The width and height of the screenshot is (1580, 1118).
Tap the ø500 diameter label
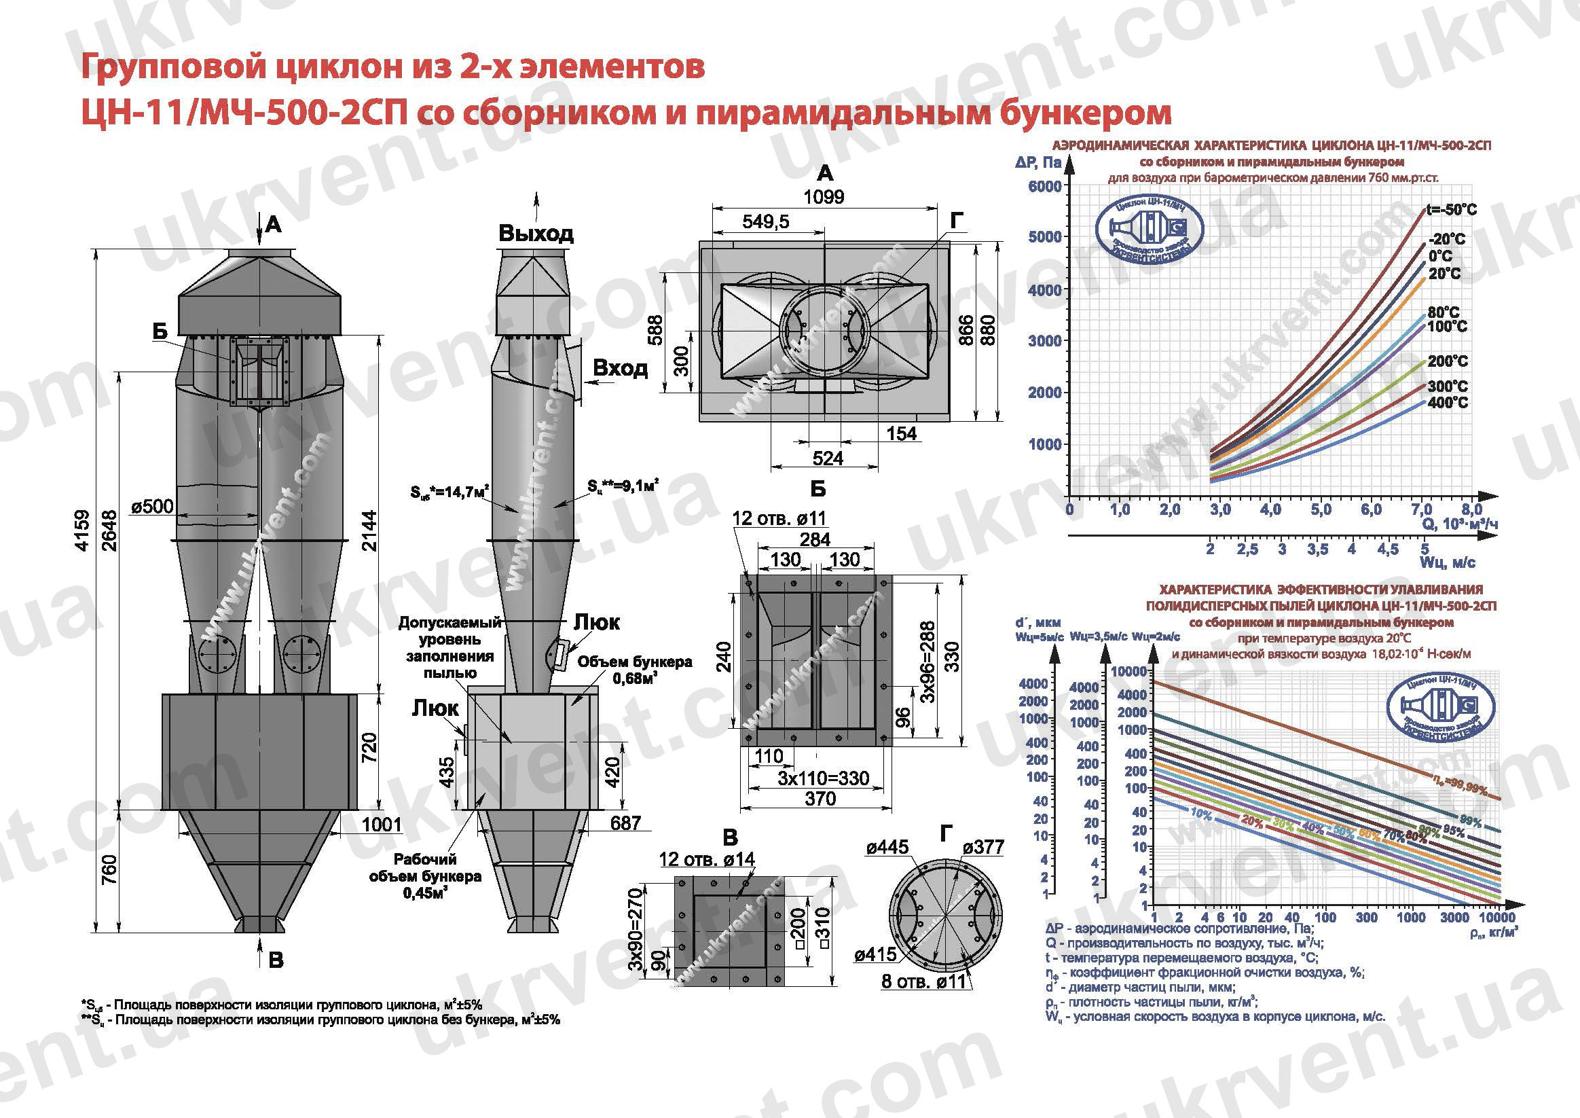[x=152, y=507]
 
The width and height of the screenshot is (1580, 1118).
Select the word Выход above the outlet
[x=536, y=234]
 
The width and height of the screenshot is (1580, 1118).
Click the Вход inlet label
[x=620, y=367]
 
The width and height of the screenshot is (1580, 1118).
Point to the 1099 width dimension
[x=823, y=197]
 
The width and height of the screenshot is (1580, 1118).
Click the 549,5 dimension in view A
[x=765, y=221]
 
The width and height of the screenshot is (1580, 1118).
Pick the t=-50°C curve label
[x=1451, y=209]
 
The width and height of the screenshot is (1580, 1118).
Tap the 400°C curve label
[x=1447, y=403]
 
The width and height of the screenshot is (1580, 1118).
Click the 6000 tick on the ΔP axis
[x=1044, y=187]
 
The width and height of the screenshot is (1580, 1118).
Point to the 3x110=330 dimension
[x=823, y=778]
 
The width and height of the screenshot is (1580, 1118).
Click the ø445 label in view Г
[x=887, y=847]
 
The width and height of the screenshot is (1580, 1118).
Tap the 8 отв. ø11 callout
[x=923, y=981]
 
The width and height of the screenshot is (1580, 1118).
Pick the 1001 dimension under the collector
[x=380, y=824]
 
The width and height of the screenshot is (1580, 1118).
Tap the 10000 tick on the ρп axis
[x=1496, y=918]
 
